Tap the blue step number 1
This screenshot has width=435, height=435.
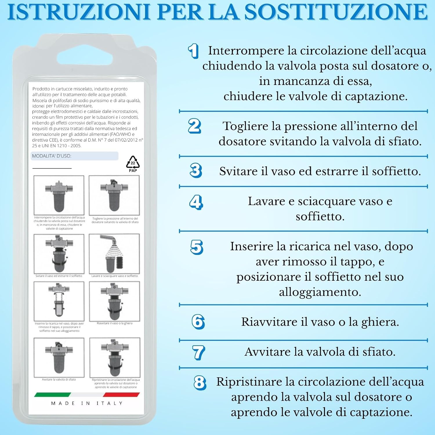coord(193,51)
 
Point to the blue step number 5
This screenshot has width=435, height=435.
coord(197,247)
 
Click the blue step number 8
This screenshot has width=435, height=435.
coord(200,383)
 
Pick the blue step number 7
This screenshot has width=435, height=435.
coord(199,352)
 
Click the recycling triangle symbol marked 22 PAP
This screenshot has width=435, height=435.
coord(133,164)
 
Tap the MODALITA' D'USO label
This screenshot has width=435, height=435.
coord(52,156)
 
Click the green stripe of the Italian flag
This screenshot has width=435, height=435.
coord(52,394)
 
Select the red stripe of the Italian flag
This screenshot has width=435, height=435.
coord(121,394)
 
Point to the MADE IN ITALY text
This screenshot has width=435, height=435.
coord(87,403)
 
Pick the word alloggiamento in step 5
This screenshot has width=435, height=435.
coord(320,292)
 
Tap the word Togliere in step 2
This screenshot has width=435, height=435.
coord(245,126)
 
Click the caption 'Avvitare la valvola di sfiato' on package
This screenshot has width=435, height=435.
coord(59,379)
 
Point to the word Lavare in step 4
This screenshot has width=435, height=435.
coord(266,201)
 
